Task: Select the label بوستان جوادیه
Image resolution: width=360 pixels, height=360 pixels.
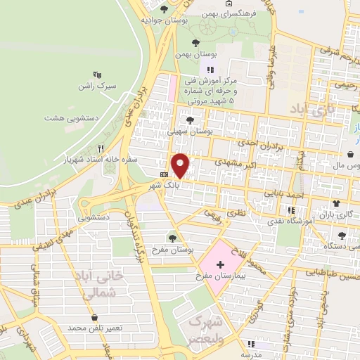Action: click(158, 20)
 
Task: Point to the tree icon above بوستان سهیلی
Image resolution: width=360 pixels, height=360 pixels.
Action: click(190, 120)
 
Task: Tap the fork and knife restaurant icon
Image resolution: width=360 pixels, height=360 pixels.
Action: click(101, 148)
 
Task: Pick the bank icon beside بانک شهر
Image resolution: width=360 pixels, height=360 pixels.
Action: click(164, 174)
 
